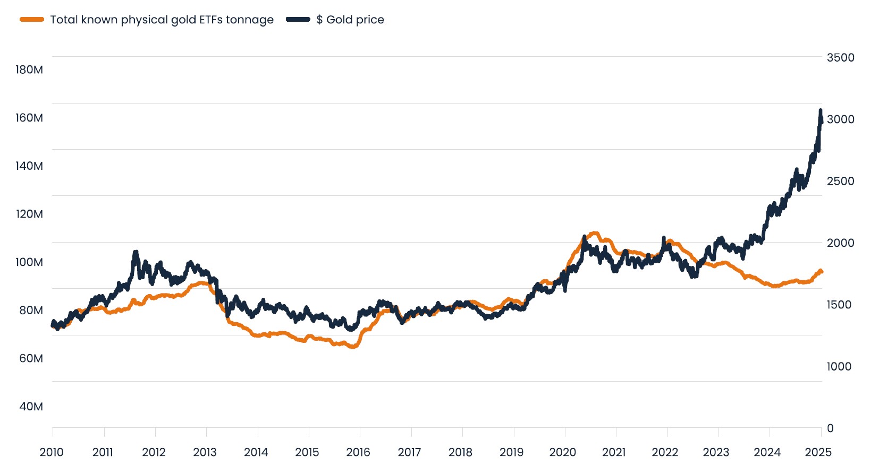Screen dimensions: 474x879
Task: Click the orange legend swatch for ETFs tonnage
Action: pos(32,20)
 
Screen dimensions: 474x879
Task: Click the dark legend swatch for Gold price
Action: pos(298,20)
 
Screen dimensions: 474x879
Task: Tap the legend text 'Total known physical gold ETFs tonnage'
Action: pos(162,20)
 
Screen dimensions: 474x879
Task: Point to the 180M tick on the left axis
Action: pos(29,70)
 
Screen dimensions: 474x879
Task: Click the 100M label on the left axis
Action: pos(29,262)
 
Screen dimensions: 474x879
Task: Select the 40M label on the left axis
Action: pos(31,407)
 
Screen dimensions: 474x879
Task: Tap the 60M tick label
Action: pos(31,358)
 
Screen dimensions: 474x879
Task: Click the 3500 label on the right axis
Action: pos(840,57)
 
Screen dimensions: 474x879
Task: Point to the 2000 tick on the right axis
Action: pos(840,243)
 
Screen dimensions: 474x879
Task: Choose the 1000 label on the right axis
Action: pos(839,366)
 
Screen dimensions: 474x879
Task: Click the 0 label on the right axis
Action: pos(830,428)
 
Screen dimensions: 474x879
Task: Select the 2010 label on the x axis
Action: pos(52,452)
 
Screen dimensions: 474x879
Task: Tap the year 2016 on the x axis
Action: pos(358,452)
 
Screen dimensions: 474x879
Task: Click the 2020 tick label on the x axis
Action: pos(562,452)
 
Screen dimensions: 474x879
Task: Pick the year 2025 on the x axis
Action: pos(818,452)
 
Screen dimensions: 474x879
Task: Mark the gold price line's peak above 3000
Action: pos(821,110)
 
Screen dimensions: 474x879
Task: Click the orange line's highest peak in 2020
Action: pos(594,233)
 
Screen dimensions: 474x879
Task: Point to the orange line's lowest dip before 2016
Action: pos(352,347)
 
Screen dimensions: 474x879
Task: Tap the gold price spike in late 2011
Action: pos(136,253)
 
